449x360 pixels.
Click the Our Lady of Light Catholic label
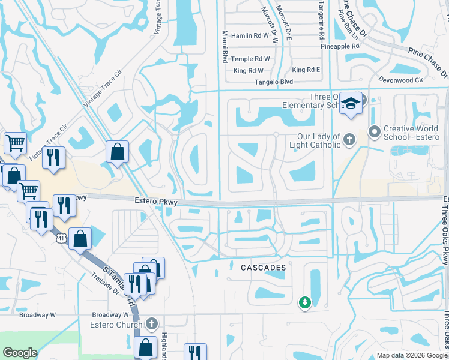[x=311, y=140]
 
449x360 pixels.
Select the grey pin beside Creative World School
[x=375, y=130]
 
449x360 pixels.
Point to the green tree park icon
[x=305, y=302]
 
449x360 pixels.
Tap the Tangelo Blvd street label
[x=274, y=82]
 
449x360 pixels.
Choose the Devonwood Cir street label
[x=401, y=79]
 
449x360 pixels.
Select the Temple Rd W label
[x=251, y=59]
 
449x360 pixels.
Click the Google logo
[x=20, y=353]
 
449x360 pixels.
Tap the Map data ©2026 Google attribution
[x=411, y=355]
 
